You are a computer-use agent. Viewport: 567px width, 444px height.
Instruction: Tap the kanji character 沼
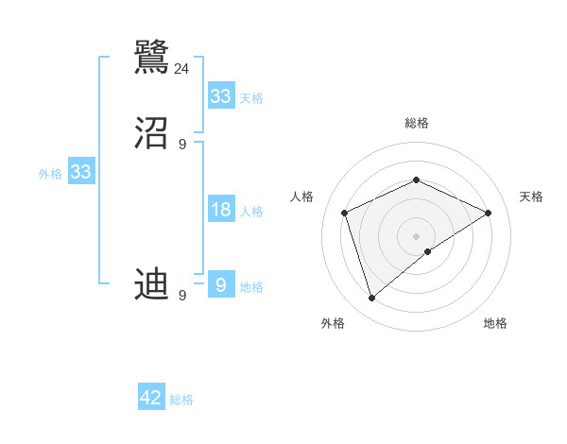[x=152, y=134]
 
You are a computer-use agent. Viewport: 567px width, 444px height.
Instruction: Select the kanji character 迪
[x=152, y=284]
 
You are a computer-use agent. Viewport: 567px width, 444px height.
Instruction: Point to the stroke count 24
[x=182, y=69]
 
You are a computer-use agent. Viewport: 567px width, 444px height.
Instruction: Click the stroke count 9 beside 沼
[x=182, y=145]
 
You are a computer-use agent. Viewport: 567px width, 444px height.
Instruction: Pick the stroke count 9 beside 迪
[x=182, y=296]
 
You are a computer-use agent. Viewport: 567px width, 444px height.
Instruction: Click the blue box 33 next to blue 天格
[x=221, y=96]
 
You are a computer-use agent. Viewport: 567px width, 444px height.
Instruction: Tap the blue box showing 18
[x=221, y=210]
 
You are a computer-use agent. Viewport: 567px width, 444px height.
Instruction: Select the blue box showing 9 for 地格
[x=221, y=284]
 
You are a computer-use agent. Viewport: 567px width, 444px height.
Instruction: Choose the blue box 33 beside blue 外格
[x=80, y=172]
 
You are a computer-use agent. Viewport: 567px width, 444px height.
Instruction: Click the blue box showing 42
[x=151, y=398]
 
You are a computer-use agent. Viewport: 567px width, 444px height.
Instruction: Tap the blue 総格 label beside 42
[x=181, y=400]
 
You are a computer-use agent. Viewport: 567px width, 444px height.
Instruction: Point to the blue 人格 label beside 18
[x=251, y=212]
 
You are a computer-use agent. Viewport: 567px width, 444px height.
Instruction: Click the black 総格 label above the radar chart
[x=416, y=123]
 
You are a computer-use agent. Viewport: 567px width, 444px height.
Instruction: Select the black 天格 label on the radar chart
[x=531, y=196]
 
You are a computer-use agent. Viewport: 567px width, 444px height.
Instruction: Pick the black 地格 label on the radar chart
[x=495, y=323]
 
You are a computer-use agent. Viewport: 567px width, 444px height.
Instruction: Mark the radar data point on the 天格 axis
[x=489, y=213]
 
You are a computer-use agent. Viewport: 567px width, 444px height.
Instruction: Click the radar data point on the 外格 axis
[x=371, y=299]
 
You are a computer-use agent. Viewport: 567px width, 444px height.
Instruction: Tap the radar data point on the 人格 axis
[x=345, y=213]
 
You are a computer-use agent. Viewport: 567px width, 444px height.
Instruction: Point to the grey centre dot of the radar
[x=416, y=236]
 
